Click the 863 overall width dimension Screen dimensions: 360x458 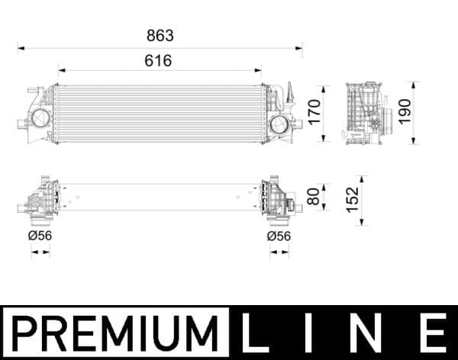pos(160,35)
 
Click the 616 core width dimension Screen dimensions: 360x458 pos(159,60)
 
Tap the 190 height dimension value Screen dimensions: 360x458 pos(405,111)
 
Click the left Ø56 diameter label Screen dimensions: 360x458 pos(40,236)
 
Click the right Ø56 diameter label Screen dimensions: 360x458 pos(279,236)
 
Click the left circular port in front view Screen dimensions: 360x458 pos(39,119)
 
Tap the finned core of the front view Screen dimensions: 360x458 pos(159,113)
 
